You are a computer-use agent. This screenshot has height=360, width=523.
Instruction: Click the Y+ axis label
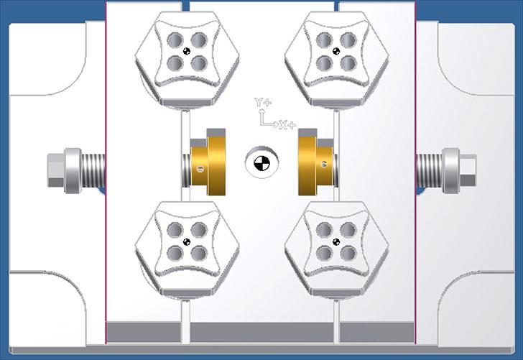pos(262,102)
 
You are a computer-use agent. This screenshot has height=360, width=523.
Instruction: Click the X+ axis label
pos(287,126)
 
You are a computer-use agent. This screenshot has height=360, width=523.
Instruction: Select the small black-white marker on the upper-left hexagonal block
pos(187,51)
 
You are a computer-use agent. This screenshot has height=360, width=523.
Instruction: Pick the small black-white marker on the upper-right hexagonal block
pos(336,51)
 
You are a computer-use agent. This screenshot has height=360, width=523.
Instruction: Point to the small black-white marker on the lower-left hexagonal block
pos(187,242)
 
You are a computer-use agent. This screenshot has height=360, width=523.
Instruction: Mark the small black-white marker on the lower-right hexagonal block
pos(336,242)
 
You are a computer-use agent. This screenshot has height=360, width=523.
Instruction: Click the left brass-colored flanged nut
pos(208,162)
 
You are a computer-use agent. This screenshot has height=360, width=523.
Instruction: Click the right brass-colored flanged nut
pos(315,162)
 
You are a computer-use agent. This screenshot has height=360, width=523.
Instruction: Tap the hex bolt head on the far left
pos(56,170)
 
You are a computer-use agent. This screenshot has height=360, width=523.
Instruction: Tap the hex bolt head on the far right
pos(468,170)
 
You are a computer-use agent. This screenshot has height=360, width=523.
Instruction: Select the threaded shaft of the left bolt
pos(93,170)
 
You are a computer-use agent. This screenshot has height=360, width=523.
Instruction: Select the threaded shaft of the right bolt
pos(430,170)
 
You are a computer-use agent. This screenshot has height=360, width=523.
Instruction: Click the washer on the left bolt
pos(73,170)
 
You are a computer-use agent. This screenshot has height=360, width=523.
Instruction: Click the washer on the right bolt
pos(450,170)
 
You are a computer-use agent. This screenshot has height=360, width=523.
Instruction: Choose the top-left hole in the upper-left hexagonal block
pos(175,40)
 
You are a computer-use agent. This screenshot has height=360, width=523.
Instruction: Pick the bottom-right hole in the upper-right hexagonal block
pos(348,63)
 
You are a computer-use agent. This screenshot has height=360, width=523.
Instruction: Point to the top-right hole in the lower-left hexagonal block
pos(199,230)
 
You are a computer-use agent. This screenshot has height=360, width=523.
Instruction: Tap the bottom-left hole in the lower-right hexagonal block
pos(325,254)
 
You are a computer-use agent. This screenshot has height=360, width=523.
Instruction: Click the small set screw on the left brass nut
pos(200,169)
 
